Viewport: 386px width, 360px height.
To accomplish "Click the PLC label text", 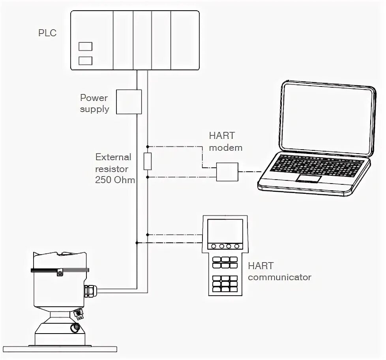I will click(x=47, y=33).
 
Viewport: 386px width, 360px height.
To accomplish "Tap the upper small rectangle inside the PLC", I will click(x=85, y=47).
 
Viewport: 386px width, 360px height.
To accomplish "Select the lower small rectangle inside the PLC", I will click(x=85, y=61).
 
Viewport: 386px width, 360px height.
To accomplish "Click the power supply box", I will click(x=129, y=102).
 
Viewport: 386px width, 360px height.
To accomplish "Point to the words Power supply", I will click(x=95, y=103).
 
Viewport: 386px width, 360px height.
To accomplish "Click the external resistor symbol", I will click(x=147, y=161).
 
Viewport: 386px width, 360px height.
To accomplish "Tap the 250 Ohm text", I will click(x=115, y=180).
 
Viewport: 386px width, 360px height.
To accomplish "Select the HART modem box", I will click(x=227, y=172).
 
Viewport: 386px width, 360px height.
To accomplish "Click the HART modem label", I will click(x=225, y=141).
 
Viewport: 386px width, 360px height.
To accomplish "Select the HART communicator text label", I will click(x=279, y=271).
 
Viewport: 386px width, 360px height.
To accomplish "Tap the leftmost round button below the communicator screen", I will click(x=214, y=246).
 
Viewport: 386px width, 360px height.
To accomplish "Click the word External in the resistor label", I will click(x=113, y=157).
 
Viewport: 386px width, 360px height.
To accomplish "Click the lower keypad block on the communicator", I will click(x=225, y=283).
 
